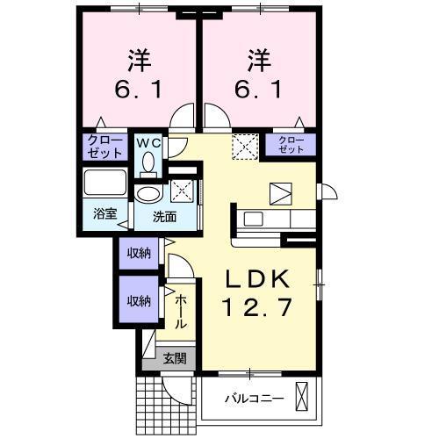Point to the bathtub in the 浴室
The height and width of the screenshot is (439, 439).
(x=105, y=185)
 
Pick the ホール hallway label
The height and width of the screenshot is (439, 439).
(x=180, y=313)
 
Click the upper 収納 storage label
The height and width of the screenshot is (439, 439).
(x=139, y=255)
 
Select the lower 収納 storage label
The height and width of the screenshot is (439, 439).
(x=139, y=300)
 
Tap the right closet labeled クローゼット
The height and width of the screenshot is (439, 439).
(x=291, y=145)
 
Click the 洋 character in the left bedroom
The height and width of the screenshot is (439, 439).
(x=139, y=61)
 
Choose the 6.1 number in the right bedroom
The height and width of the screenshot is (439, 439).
(x=258, y=90)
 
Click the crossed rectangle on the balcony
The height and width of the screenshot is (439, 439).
(x=304, y=398)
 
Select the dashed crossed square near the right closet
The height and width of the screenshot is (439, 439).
(x=242, y=146)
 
